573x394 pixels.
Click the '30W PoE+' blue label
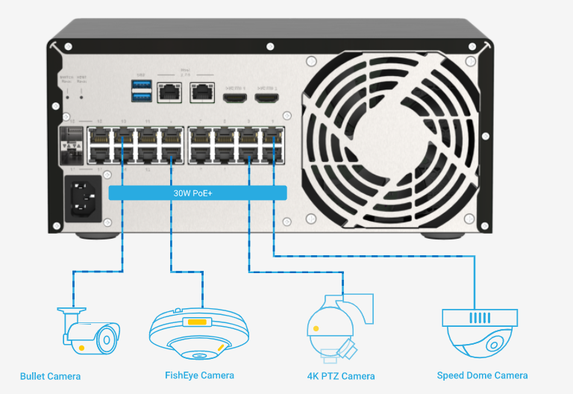click(x=198, y=193)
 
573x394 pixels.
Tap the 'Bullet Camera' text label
click(x=50, y=375)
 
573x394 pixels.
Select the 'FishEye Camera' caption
click(x=199, y=375)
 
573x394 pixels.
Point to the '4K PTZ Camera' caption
click(x=341, y=375)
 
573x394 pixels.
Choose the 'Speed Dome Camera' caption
click(x=482, y=375)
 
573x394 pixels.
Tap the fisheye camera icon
click(x=198, y=335)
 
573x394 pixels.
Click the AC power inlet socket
click(x=83, y=198)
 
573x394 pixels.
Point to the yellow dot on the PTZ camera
click(x=316, y=328)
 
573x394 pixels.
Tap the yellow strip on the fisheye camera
click(x=198, y=322)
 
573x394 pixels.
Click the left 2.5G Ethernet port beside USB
click(x=171, y=93)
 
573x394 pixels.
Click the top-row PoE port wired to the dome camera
click(x=273, y=137)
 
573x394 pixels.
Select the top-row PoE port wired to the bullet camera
click(x=122, y=137)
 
